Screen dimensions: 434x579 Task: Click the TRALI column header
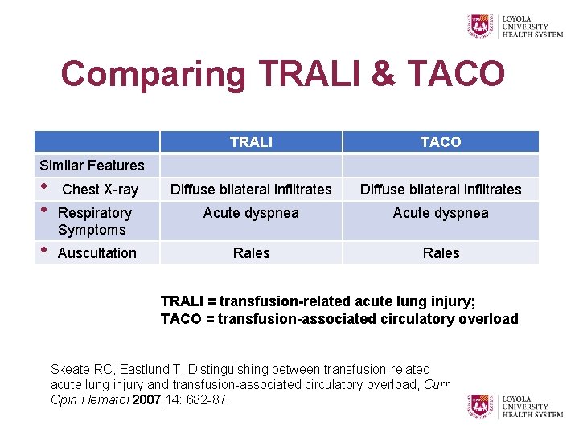pos(251,142)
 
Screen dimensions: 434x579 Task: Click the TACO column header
pos(441,142)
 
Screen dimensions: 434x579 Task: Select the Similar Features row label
pos(92,166)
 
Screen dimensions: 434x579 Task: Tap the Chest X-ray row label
pos(100,190)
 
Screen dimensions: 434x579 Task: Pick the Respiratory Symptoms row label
pos(94,221)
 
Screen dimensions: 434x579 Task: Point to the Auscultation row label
pos(97,253)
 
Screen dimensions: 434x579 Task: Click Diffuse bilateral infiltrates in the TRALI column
pos(251,190)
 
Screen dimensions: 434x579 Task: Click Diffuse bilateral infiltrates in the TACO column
pos(441,190)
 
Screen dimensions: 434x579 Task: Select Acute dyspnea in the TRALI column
pos(251,213)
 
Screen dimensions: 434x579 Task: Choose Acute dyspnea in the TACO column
pos(441,213)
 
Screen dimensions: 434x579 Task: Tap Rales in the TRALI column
pos(251,253)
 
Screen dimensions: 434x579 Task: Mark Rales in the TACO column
pos(441,253)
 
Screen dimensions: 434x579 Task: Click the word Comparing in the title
pos(154,75)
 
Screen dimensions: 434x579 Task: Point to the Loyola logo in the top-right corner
pos(515,25)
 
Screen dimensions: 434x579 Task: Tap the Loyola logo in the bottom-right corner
pos(515,405)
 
